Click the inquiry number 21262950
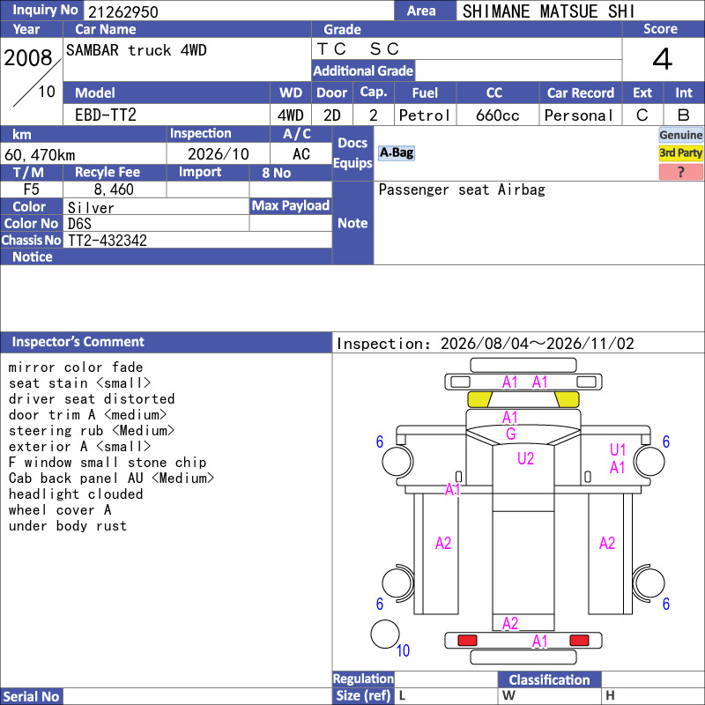point(122,11)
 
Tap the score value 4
point(663,59)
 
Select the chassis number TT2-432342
point(107,240)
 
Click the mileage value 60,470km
point(40,155)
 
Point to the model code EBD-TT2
point(105,115)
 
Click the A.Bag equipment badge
point(396,152)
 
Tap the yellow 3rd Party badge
point(680,152)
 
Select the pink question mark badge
point(680,172)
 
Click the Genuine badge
point(680,135)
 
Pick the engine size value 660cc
point(497,115)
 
